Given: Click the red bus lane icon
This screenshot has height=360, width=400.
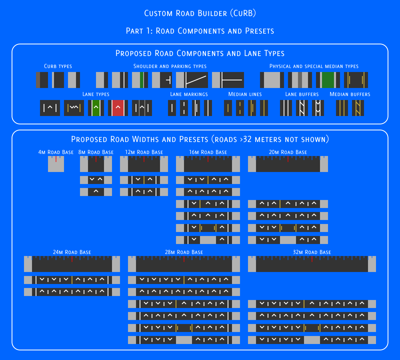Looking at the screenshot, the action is point(118,108).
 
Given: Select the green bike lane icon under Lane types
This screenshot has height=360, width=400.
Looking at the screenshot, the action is point(96,108).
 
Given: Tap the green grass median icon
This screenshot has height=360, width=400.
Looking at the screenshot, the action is point(328,80).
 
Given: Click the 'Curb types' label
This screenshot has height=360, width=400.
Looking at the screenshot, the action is point(58,66).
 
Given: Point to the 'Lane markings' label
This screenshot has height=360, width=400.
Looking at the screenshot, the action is point(189,94).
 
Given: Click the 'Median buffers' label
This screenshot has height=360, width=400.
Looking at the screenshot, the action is point(350,94).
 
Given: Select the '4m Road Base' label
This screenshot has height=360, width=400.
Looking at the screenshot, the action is point(56,152).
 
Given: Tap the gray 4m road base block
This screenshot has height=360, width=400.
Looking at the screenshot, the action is point(56,164).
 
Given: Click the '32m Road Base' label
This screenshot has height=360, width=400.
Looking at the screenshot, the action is point(312,252).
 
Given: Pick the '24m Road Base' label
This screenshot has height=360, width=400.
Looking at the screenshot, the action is point(72,252).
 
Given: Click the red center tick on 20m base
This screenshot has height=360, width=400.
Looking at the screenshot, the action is point(288,159).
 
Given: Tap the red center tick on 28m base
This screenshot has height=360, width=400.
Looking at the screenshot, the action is point(184,259).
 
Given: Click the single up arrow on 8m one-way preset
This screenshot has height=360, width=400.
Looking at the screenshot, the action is point(96,191).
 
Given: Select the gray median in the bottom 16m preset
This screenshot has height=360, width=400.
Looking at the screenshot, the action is point(208,240).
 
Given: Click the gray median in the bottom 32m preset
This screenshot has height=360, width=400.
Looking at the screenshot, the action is point(312,340).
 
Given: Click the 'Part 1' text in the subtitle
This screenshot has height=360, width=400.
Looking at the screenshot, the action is point(139,31).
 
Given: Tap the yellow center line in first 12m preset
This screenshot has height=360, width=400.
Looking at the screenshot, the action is point(144,180).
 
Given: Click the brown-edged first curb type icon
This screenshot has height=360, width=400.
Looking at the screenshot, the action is point(42,80).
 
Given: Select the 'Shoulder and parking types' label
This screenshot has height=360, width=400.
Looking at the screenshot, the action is point(170,66).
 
